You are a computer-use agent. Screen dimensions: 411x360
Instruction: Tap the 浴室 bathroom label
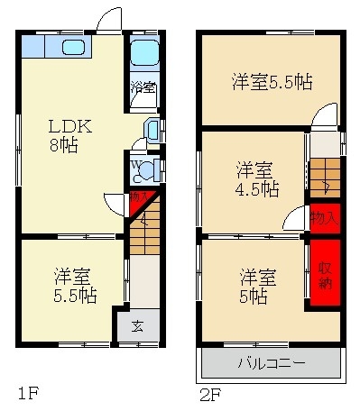(x=143, y=87)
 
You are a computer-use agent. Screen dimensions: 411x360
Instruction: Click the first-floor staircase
(x=143, y=233)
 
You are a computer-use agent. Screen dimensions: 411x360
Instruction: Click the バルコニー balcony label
(x=271, y=365)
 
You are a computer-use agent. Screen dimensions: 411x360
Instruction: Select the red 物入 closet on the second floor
(x=325, y=217)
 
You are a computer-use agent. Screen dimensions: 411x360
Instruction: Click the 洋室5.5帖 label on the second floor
(x=272, y=81)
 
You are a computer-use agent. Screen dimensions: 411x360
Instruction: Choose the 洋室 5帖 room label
(x=258, y=285)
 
